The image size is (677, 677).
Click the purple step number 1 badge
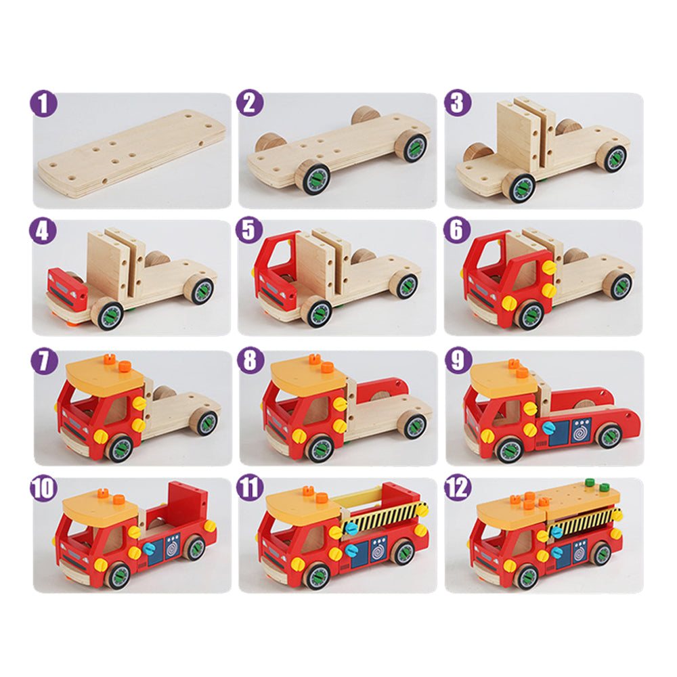pos(43,104)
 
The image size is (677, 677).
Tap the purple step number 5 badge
pos(249,230)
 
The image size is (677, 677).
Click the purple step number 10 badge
pos(43,488)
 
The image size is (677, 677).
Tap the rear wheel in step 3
pos(613,157)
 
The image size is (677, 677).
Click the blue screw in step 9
pos(548,429)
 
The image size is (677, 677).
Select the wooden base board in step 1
pos(132,154)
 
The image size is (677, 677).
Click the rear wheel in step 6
pos(618,286)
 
